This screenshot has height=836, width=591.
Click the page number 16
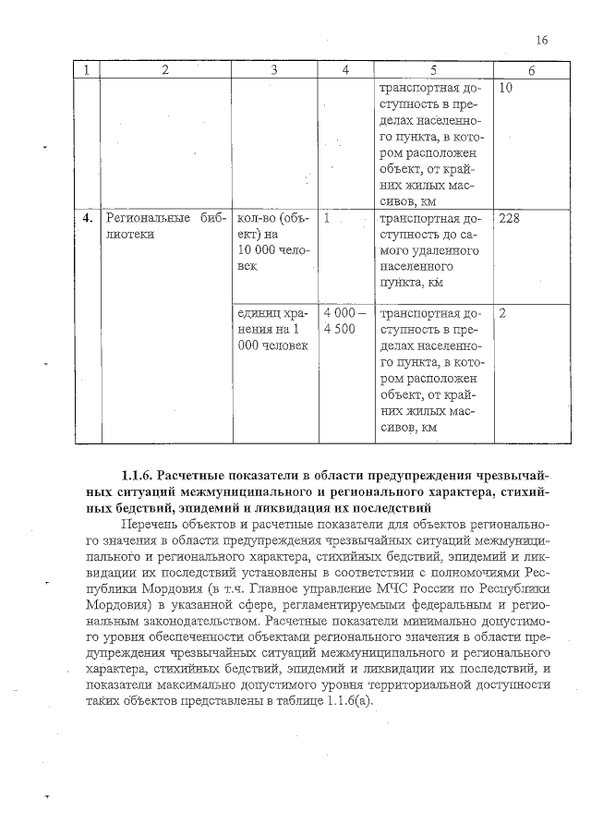tap(541, 40)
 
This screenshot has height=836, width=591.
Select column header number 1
tap(88, 70)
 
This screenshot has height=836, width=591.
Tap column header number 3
tap(274, 70)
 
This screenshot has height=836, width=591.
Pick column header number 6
tap(531, 70)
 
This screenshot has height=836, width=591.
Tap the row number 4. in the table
tap(88, 219)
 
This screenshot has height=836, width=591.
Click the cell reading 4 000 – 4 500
tap(345, 321)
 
